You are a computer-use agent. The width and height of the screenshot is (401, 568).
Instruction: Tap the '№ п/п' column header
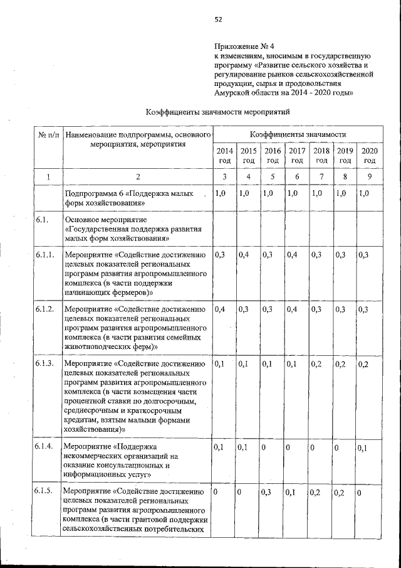point(49,135)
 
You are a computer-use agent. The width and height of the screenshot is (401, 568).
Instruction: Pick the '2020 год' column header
point(370,156)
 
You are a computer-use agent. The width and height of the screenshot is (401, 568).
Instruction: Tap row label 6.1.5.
point(45,492)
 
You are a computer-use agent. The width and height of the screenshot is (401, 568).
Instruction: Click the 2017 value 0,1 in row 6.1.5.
point(291,492)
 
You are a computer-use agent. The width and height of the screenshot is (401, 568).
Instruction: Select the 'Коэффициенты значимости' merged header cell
point(298,135)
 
